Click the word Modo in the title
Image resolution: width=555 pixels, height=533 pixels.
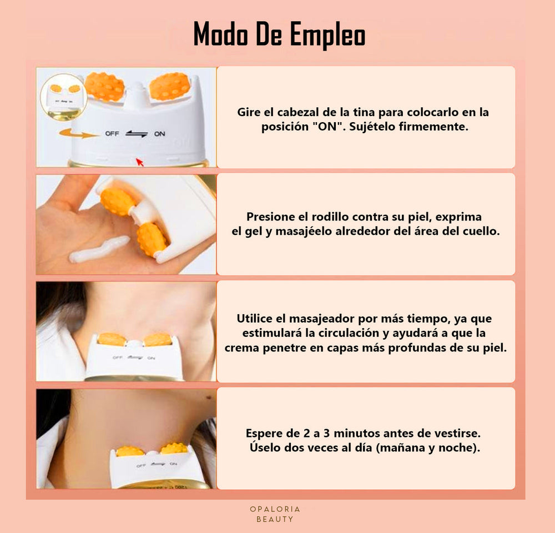tap(220, 35)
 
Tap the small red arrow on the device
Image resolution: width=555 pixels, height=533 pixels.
tap(139, 162)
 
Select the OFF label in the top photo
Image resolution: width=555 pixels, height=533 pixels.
tap(112, 134)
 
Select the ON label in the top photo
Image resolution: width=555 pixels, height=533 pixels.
tap(160, 134)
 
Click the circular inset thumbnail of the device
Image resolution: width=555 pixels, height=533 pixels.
tap(63, 97)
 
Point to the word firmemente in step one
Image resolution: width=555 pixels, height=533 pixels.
tap(432, 127)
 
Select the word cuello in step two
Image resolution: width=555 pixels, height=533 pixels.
tap(481, 232)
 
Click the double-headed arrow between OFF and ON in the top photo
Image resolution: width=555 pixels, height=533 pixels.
tap(136, 134)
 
